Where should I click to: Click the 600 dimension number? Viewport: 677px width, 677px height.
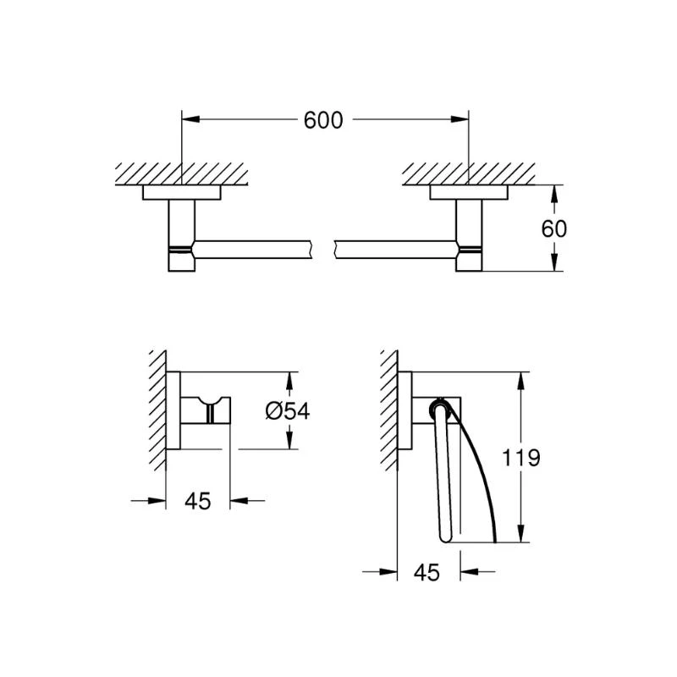click(323, 120)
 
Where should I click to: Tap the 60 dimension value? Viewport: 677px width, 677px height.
click(553, 228)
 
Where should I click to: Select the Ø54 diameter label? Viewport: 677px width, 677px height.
click(288, 411)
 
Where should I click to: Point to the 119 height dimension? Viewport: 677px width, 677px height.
click(520, 458)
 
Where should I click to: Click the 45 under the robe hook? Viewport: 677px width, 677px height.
click(198, 501)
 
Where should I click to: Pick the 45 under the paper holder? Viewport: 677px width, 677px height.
click(427, 573)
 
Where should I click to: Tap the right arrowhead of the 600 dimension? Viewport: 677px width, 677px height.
click(460, 119)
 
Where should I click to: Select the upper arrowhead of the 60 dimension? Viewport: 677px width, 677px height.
click(555, 195)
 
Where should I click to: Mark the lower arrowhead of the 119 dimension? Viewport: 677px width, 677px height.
click(522, 534)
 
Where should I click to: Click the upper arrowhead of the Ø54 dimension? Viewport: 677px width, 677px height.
click(289, 382)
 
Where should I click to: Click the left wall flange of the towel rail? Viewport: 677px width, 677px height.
click(182, 193)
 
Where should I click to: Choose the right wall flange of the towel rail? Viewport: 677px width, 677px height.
click(469, 193)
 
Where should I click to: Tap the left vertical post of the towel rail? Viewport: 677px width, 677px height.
click(182, 236)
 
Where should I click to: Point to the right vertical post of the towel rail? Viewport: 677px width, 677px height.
click(469, 236)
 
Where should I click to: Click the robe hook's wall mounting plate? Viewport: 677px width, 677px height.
click(173, 410)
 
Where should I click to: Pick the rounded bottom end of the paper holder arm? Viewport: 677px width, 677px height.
click(446, 537)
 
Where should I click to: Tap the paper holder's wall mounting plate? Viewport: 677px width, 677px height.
click(405, 411)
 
